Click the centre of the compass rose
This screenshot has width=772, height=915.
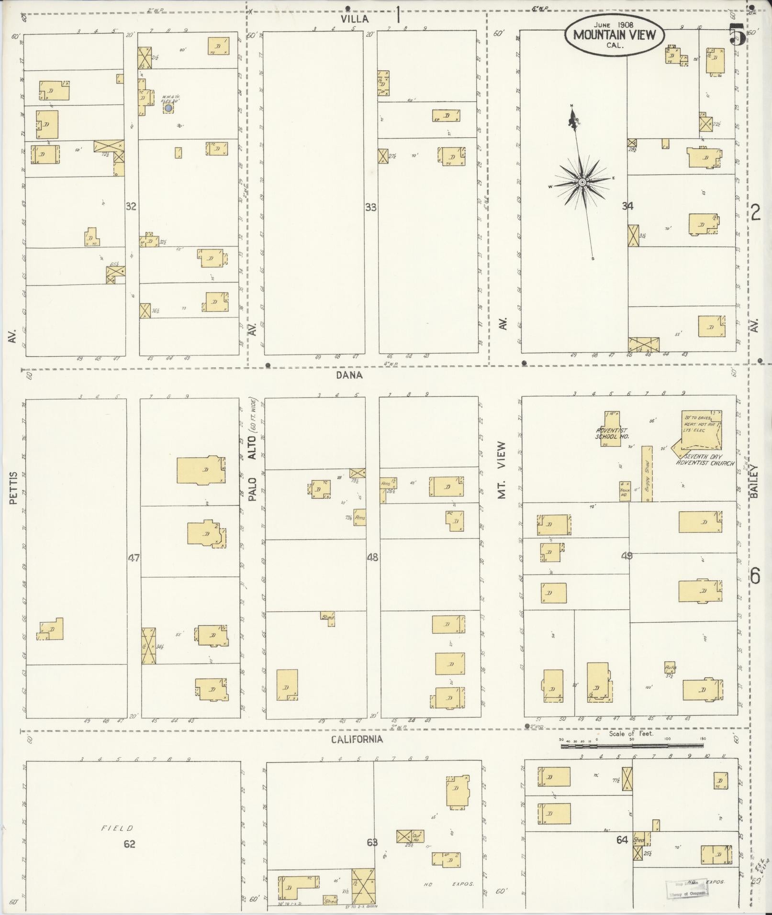582,183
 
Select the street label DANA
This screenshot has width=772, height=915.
349,375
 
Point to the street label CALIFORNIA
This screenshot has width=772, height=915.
358,739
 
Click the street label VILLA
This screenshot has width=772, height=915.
355,19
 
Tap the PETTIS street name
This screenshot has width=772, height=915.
13,488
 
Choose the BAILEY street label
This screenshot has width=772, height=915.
755,482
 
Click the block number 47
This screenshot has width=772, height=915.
133,557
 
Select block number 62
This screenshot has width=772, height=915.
129,844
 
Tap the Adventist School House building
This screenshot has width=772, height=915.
611,428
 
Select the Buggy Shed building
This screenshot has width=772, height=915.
647,474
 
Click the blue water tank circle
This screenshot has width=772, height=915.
168,108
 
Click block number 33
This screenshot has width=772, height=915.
370,208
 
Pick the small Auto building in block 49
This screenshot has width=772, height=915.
670,667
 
